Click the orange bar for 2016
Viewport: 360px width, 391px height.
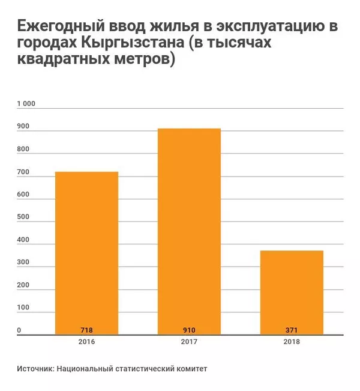(x=86, y=252)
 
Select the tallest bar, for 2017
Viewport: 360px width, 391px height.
(x=189, y=231)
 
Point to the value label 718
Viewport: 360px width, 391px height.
(x=86, y=330)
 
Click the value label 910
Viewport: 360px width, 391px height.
(x=189, y=330)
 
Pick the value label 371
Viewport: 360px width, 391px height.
(x=292, y=330)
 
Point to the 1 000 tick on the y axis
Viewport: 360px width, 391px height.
(x=26, y=103)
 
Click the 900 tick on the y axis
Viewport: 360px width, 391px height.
(x=23, y=127)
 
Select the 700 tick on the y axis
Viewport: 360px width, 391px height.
(x=23, y=173)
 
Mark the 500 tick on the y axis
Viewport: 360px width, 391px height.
(x=23, y=218)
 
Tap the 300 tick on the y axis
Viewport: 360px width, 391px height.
(x=23, y=263)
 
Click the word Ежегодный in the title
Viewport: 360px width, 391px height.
(x=58, y=28)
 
